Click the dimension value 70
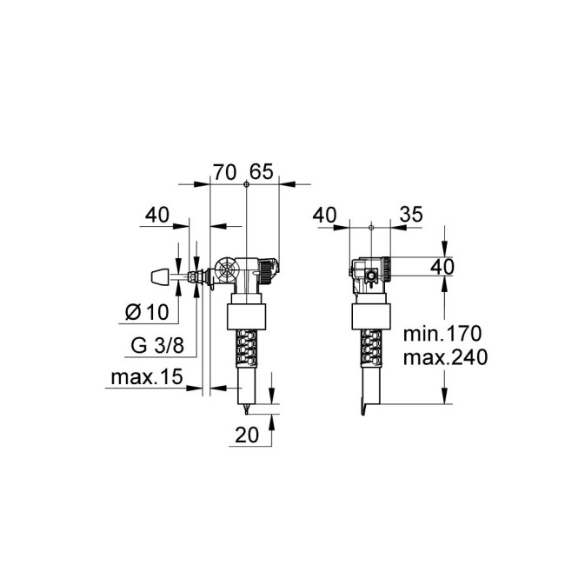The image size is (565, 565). point(225,172)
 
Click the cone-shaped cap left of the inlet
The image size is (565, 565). point(158,277)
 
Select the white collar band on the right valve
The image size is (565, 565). point(371,316)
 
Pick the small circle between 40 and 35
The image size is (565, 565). point(371,228)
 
